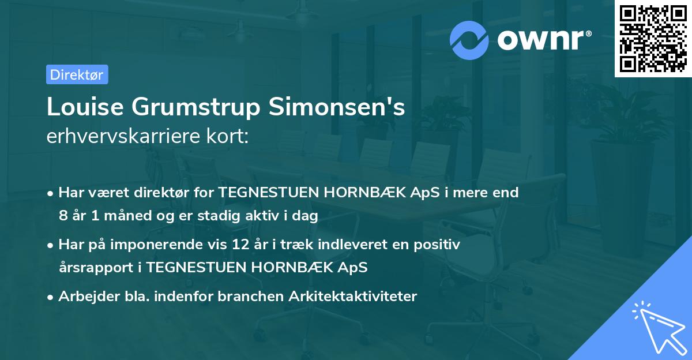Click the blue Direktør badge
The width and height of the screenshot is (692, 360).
pyautogui.click(x=77, y=74)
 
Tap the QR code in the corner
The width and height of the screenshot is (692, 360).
pyautogui.click(x=653, y=38)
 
